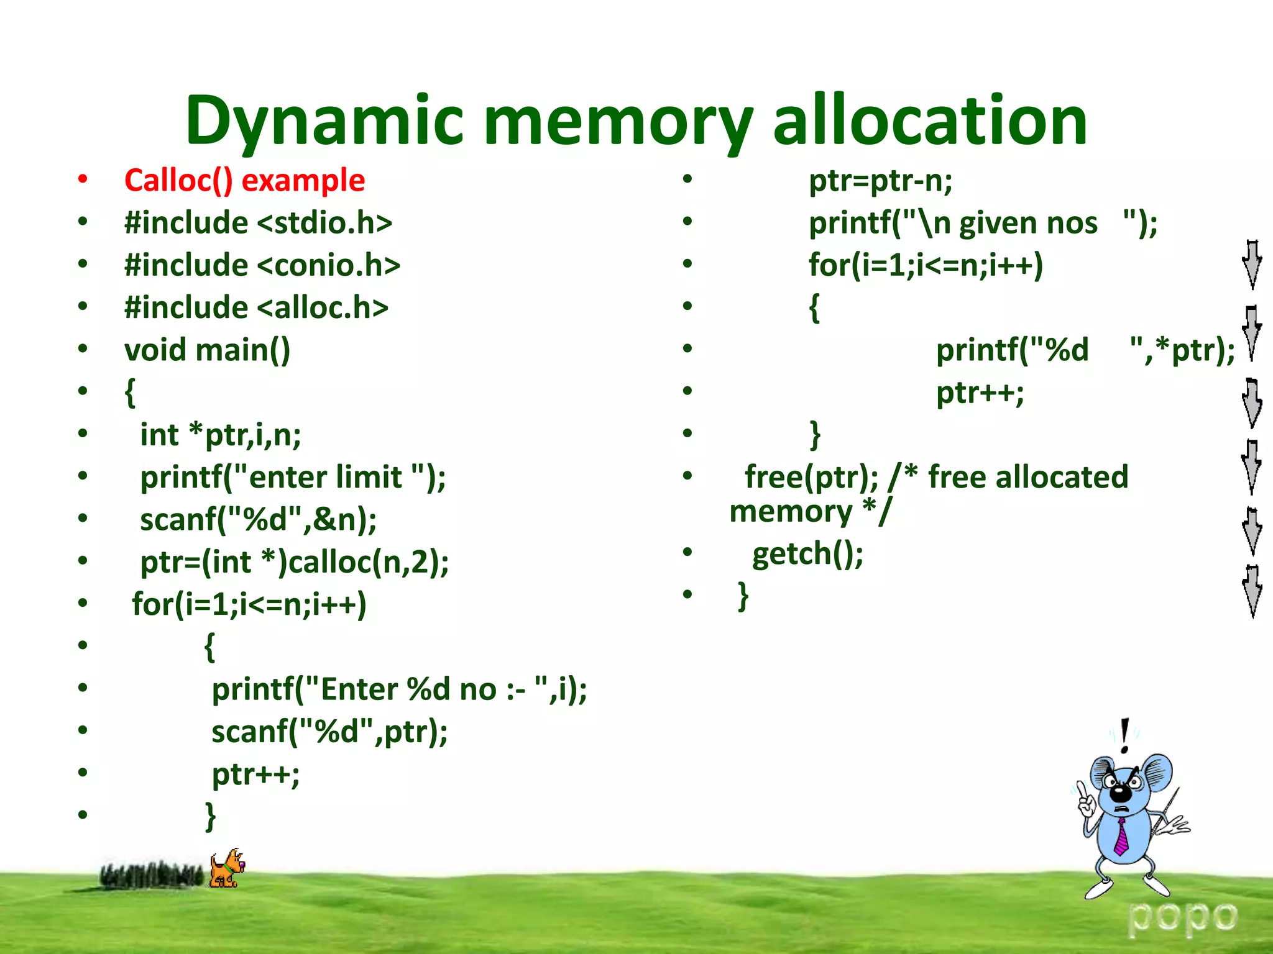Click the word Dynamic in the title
pos(324,121)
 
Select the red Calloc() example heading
pos(244,181)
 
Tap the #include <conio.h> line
pos(262,265)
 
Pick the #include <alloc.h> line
pos(256,307)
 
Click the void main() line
pos(207,350)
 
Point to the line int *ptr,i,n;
pos(221,434)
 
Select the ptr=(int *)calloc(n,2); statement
pos(294,562)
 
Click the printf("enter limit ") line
pos(293,477)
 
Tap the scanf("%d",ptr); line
pos(329,732)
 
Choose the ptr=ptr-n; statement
pos(880,181)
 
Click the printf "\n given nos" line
pos(983,223)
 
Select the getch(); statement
pos(807,553)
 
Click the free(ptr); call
pos(811,477)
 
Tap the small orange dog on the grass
pos(226,869)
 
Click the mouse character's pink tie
pos(1121,837)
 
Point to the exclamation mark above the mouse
pos(1124,735)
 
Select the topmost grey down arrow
pos(1252,265)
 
